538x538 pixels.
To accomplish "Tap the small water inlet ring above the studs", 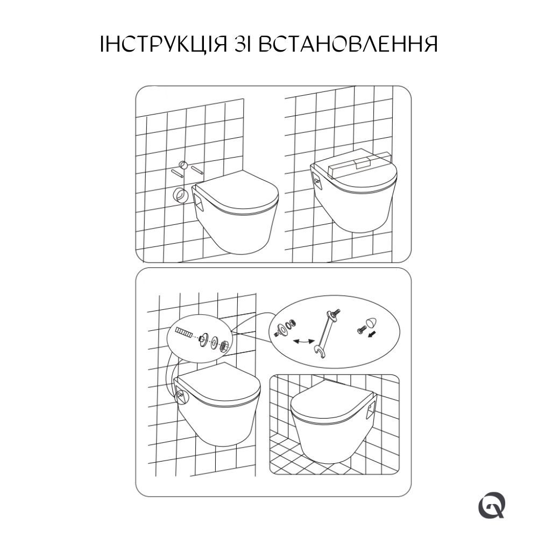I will click(x=183, y=165).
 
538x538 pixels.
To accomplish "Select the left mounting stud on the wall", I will click(x=177, y=173).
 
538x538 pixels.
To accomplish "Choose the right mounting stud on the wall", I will click(x=197, y=169).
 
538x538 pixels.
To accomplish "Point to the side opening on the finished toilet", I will click(x=370, y=413).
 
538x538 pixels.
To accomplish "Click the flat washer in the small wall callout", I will click(x=214, y=341).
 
